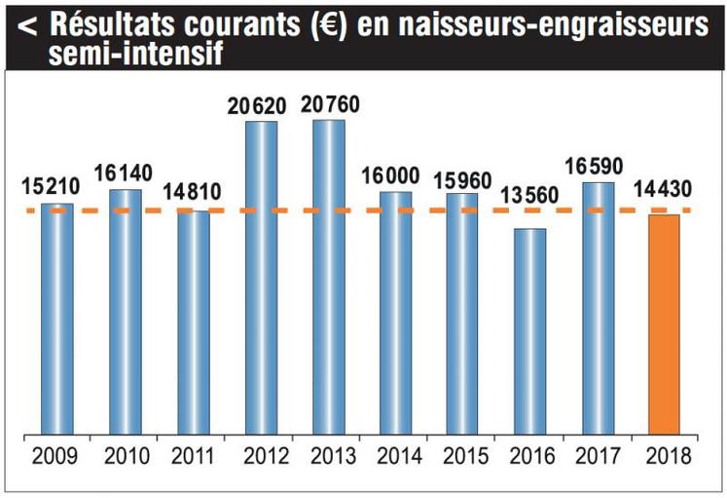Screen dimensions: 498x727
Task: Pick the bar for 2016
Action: tap(529, 330)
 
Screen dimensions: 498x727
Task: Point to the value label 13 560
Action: tap(529, 195)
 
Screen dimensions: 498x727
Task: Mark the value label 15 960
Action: tap(462, 181)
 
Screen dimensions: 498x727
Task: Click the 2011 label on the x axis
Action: tap(193, 455)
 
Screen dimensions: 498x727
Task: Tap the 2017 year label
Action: tap(598, 455)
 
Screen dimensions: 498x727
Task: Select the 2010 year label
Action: tap(126, 455)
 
